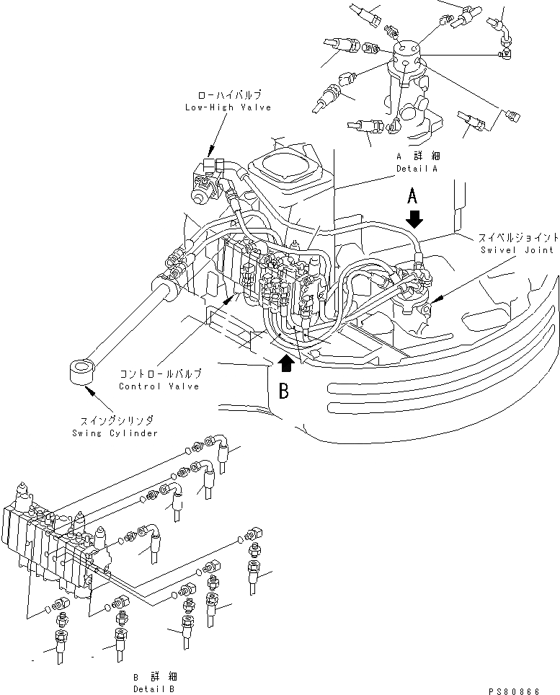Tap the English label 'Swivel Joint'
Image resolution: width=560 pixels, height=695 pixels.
(x=517, y=249)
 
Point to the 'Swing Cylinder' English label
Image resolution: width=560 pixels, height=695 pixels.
(x=115, y=433)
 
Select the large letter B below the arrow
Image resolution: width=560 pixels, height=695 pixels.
(x=284, y=391)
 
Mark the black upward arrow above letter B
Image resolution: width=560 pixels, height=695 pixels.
(x=285, y=362)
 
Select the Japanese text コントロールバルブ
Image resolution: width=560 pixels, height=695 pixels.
(x=160, y=374)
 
